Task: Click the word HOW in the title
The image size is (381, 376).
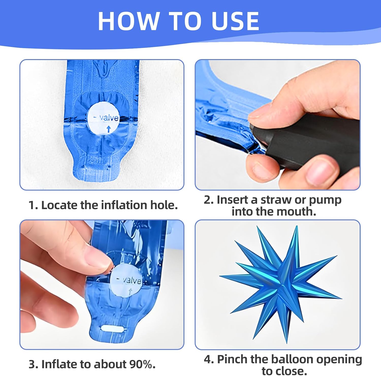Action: (x=129, y=21)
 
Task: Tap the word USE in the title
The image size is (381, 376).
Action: (x=235, y=21)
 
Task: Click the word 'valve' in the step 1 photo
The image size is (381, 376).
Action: (x=109, y=117)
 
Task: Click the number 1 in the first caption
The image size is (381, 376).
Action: (x=31, y=205)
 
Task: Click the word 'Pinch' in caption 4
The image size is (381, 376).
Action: (x=232, y=360)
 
